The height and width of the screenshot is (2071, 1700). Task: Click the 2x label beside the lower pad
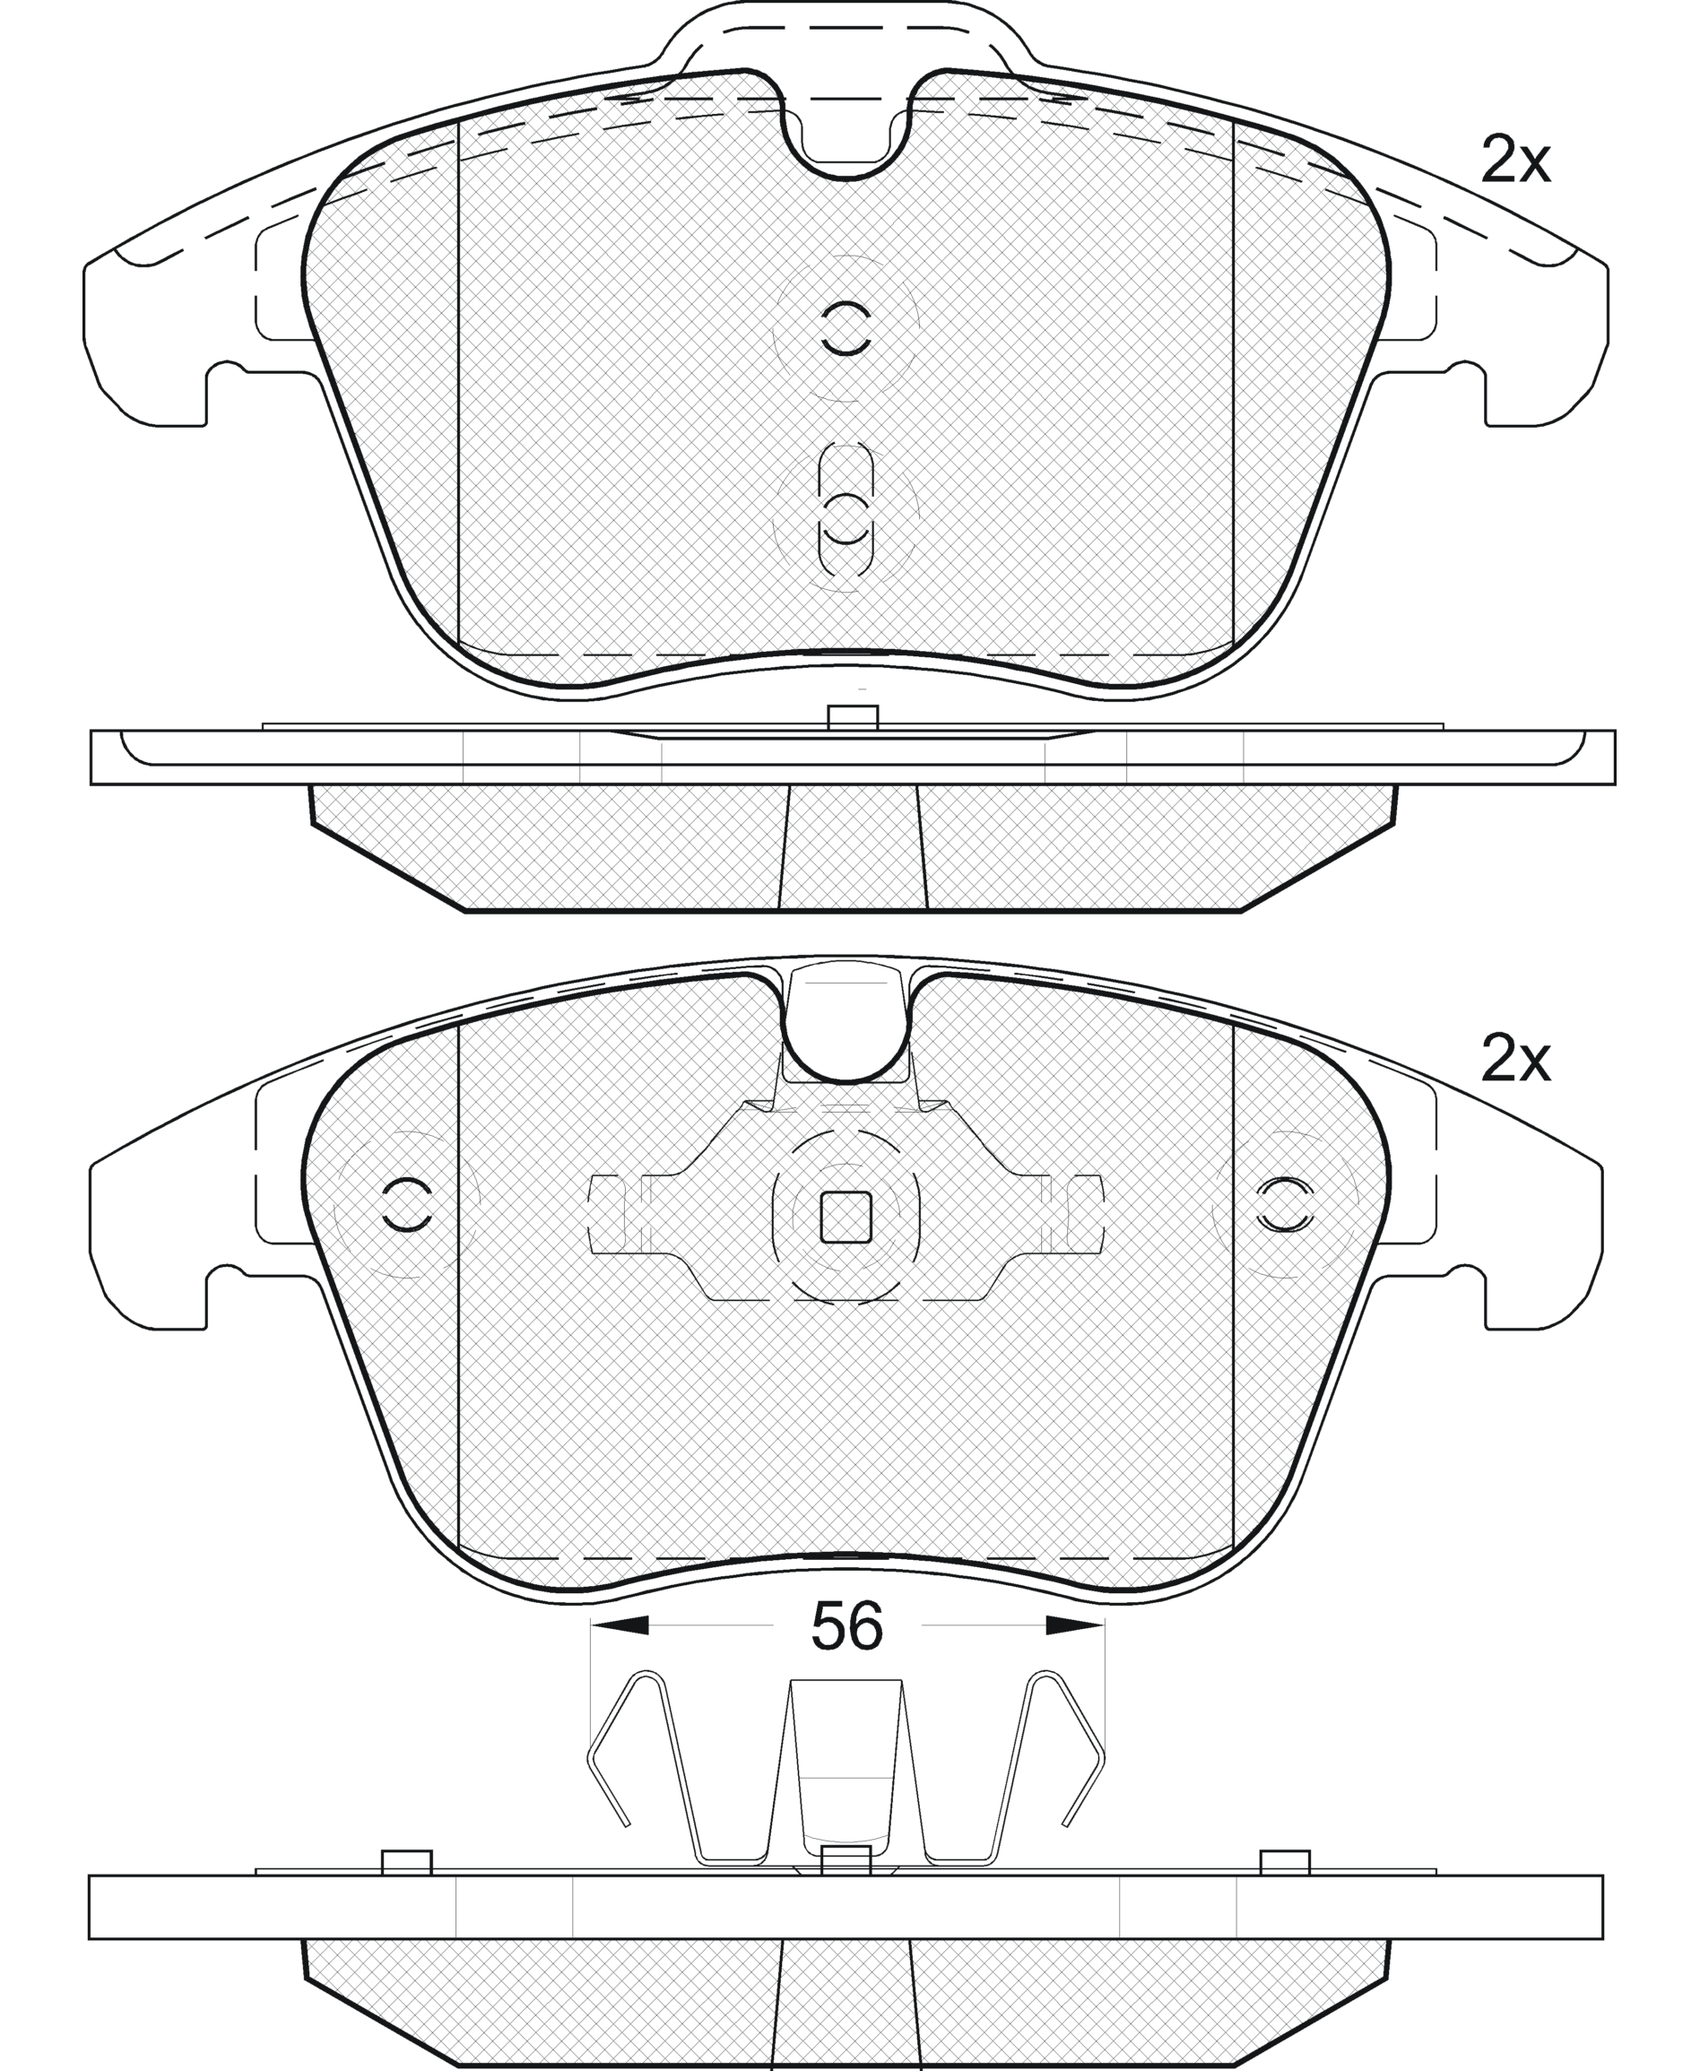click(1515, 1059)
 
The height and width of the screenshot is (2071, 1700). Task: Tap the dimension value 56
click(847, 1625)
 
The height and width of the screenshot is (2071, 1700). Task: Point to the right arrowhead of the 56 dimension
click(1075, 1625)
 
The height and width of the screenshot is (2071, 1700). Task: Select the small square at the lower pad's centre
click(846, 1217)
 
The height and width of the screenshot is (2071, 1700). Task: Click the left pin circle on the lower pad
click(406, 1204)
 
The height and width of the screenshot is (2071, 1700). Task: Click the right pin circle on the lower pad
click(1285, 1204)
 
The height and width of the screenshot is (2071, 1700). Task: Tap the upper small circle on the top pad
click(846, 328)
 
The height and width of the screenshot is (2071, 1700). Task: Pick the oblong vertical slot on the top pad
click(846, 509)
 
